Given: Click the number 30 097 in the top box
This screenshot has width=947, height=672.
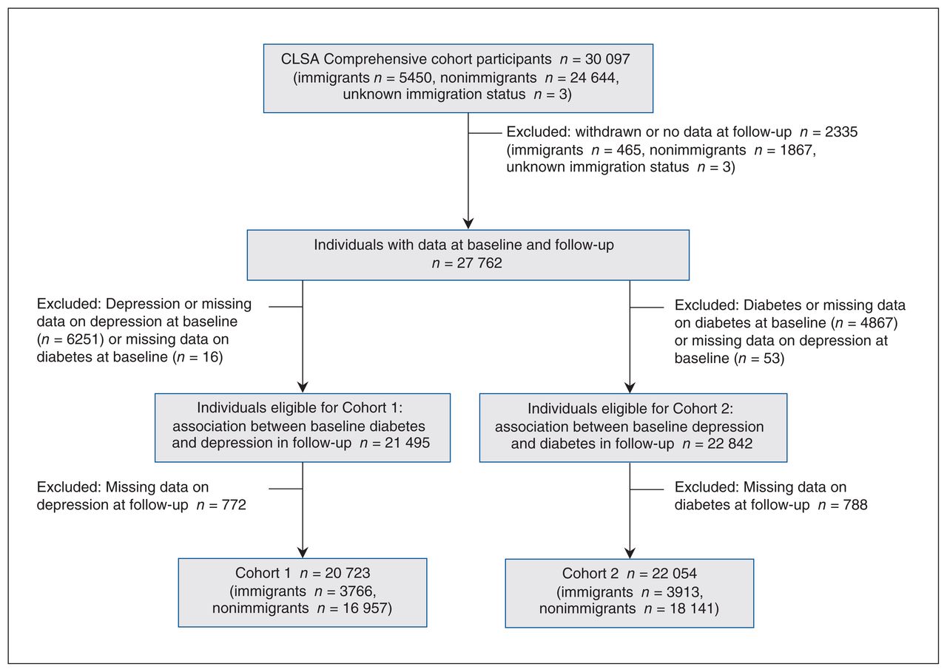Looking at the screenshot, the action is (x=607, y=59).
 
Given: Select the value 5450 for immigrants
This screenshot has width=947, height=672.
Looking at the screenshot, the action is (x=415, y=78).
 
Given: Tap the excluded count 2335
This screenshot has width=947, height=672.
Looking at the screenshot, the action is (x=841, y=132).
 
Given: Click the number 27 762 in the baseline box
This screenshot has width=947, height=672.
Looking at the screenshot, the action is (x=479, y=262).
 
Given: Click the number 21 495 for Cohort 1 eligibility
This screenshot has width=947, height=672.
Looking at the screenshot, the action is (x=407, y=443).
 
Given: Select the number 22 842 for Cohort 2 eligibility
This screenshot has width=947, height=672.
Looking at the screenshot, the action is (x=729, y=444).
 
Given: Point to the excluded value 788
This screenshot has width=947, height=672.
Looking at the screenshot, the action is (x=855, y=505).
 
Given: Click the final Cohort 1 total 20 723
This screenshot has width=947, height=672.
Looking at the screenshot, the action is (x=348, y=573).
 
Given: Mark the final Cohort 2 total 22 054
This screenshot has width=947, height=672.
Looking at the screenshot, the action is (x=674, y=573).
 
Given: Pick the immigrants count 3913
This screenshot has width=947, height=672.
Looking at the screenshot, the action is (x=683, y=591).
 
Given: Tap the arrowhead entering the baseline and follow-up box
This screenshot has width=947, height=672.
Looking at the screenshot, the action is (x=468, y=223).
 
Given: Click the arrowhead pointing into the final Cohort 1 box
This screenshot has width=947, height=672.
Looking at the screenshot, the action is (x=303, y=552).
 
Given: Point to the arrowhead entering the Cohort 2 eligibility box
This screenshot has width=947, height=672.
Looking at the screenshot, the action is (x=630, y=387).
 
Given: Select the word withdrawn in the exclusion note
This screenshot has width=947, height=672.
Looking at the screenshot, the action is (x=608, y=132).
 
